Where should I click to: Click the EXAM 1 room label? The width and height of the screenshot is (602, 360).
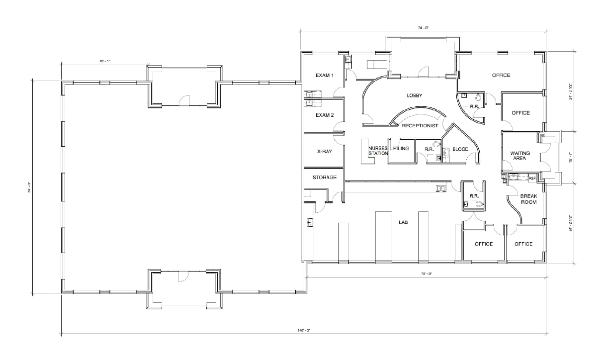coord(325,76)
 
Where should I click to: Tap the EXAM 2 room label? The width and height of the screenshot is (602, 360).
coord(325,115)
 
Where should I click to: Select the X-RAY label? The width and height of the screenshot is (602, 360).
coord(324,151)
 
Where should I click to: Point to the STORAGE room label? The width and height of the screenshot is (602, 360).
coord(324,178)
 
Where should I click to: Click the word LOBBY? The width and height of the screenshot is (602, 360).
coord(414,95)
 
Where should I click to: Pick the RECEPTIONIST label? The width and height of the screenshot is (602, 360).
coord(420,126)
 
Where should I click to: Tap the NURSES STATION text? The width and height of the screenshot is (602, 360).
coord(378,151)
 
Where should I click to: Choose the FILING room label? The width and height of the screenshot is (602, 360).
coord(401,149)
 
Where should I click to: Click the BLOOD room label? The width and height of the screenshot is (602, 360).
coord(460,149)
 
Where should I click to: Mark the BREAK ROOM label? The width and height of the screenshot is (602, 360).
coord(528,199)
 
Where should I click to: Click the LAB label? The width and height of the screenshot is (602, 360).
coord(403,223)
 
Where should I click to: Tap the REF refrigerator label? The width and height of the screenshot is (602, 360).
coord(532,178)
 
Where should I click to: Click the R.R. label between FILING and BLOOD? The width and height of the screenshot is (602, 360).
coord(430,149)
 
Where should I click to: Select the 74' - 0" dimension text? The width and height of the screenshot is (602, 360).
coord(423,28)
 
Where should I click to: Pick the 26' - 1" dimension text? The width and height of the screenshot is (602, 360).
coord(104,61)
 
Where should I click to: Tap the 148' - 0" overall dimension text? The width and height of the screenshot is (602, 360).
coord(304,330)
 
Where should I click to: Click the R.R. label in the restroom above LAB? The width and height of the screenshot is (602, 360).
coord(474,196)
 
